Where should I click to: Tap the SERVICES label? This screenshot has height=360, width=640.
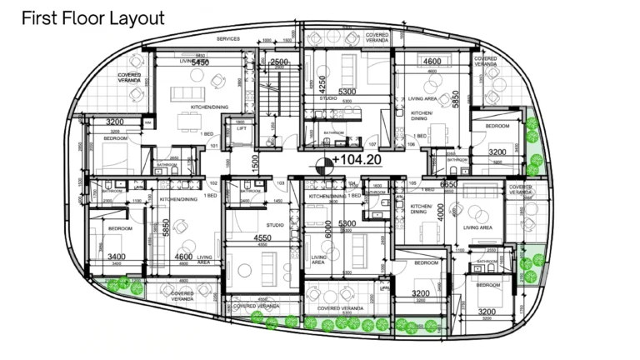pyautogui.click(x=227, y=39)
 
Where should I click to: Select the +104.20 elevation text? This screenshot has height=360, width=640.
pyautogui.click(x=357, y=159)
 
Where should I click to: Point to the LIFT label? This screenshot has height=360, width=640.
pyautogui.click(x=241, y=129)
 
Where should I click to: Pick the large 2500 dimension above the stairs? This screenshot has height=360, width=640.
pyautogui.click(x=279, y=62)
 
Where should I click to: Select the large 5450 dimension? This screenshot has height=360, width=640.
pyautogui.click(x=200, y=62)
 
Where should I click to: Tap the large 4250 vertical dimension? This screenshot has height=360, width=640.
pyautogui.click(x=312, y=85)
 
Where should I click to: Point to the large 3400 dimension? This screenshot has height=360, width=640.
pyautogui.click(x=117, y=257)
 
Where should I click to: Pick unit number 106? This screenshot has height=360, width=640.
pyautogui.click(x=411, y=143)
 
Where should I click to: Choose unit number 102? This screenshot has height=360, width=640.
pyautogui.click(x=213, y=182)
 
